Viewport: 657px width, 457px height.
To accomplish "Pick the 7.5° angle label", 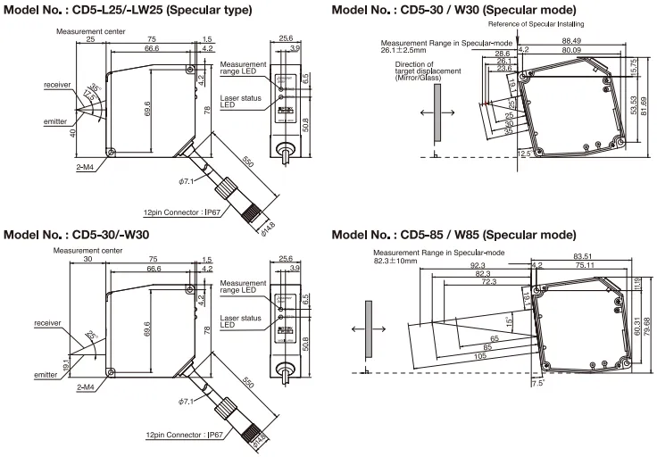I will (536, 382).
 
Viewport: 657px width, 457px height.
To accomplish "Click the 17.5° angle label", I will (87, 95).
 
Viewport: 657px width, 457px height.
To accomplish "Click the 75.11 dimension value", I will (586, 265).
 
